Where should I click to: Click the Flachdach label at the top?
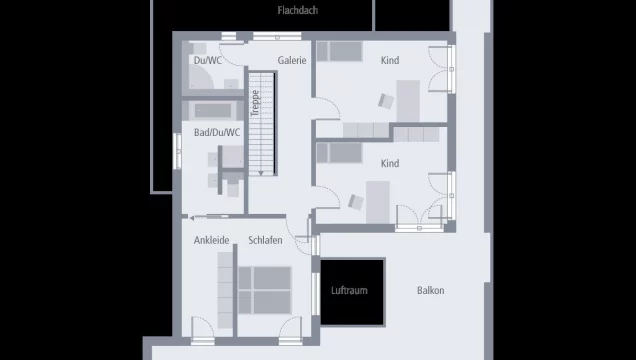297,11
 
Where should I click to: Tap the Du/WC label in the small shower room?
208,60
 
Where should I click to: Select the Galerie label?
292,60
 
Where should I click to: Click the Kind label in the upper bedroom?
390,60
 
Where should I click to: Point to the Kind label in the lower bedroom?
390,163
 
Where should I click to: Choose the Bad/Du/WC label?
217,132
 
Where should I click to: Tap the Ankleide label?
212,240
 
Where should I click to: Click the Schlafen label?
265,240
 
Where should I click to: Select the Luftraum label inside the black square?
350,291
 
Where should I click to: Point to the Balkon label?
431,291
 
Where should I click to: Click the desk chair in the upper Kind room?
385,99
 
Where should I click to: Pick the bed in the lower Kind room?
341,152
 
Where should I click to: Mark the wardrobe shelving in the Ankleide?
225,290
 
